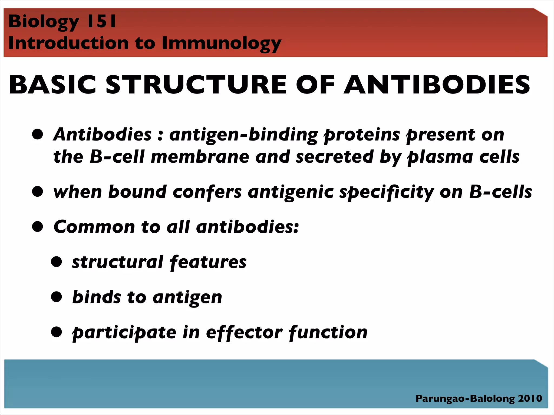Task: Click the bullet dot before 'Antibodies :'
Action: tap(38, 134)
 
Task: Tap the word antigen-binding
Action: tap(243, 135)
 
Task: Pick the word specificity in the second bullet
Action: tap(387, 192)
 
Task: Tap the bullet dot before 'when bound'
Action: tap(38, 192)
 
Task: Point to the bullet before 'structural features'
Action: tap(57, 262)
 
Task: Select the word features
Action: tap(208, 262)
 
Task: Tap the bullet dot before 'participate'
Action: tap(57, 332)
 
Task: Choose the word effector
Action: tap(244, 332)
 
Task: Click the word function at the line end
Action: tap(328, 332)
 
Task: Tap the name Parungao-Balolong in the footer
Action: tap(465, 399)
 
